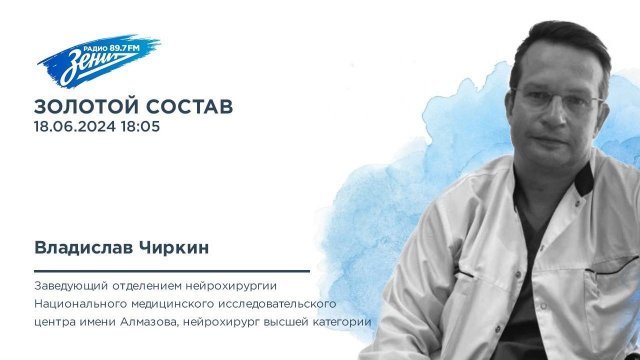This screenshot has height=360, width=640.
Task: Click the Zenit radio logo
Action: coord(84,59)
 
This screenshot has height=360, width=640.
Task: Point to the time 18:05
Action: coord(141,127)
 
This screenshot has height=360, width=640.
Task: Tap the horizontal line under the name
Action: coord(171,270)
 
